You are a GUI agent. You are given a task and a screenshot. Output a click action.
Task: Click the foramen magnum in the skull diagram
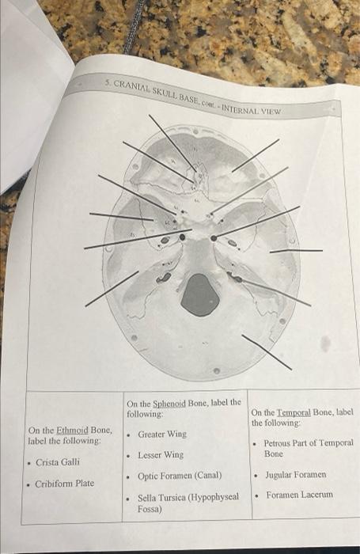point(200,294)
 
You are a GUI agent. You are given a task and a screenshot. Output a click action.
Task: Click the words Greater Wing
point(162,434)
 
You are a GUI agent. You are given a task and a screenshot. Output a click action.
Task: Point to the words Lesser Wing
point(161,455)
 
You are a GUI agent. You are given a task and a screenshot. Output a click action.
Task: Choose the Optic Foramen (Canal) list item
point(180,476)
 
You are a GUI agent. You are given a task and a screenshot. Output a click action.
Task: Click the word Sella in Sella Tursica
point(148,498)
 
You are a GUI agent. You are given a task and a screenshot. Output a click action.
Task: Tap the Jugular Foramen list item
point(294,475)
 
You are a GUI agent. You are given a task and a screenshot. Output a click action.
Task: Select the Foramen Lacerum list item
point(300,495)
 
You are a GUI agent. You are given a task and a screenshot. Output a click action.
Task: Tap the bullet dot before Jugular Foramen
point(256,476)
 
